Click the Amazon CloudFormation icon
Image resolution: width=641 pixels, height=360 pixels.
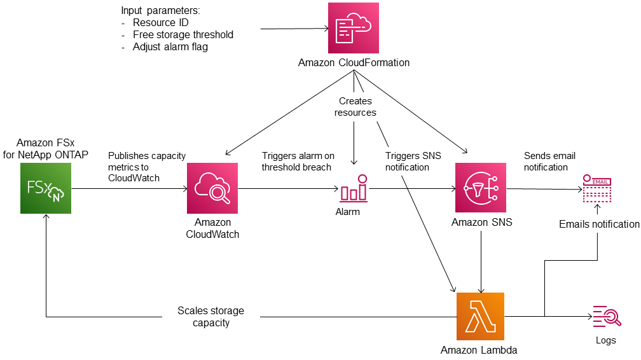[354, 28]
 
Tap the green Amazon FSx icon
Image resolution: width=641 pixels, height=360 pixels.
[45, 188]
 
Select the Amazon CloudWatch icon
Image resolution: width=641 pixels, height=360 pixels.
[212, 188]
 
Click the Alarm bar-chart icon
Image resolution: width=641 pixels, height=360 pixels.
[354, 189]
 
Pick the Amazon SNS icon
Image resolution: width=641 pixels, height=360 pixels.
[480, 188]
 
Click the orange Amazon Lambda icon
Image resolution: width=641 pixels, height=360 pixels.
[480, 316]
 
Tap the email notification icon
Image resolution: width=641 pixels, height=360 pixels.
[596, 189]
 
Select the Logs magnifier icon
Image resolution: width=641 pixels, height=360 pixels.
[605, 316]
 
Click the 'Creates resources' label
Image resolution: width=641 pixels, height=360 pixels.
[355, 107]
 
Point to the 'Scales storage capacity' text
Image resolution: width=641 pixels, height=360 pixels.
[210, 317]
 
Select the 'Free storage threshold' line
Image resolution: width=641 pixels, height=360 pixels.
[183, 35]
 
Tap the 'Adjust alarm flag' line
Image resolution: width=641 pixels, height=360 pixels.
[170, 46]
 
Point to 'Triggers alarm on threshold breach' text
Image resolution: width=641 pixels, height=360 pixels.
[298, 162]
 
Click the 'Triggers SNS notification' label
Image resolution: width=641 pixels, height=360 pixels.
[413, 162]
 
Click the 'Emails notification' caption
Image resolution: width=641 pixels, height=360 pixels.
[599, 224]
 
